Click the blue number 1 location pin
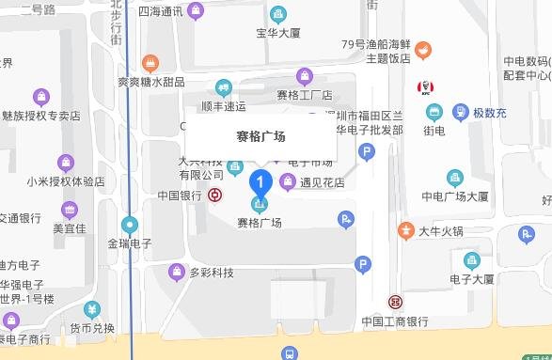pyautogui.click(x=262, y=179)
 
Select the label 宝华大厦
pyautogui.click(x=278, y=34)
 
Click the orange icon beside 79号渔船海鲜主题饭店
pyautogui.click(x=424, y=48)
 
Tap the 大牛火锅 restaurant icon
pyautogui.click(x=405, y=229)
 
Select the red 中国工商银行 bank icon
pyautogui.click(x=395, y=303)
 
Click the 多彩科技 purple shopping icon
pyautogui.click(x=176, y=273)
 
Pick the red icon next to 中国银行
pyautogui.click(x=216, y=196)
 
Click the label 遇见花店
pyautogui.click(x=321, y=181)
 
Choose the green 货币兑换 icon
pyautogui.click(x=92, y=308)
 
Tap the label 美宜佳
pyautogui.click(x=70, y=227)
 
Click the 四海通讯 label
pyautogui.click(x=161, y=12)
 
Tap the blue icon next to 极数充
pyautogui.click(x=460, y=112)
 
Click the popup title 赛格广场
pyautogui.click(x=260, y=136)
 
